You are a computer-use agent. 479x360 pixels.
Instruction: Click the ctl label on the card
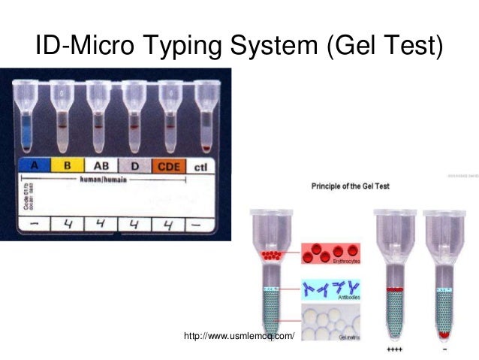pyautogui.click(x=200, y=167)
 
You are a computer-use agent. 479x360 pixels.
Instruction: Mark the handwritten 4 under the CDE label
pyautogui.click(x=166, y=224)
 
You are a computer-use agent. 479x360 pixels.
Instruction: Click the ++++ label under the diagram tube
pyautogui.click(x=393, y=350)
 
